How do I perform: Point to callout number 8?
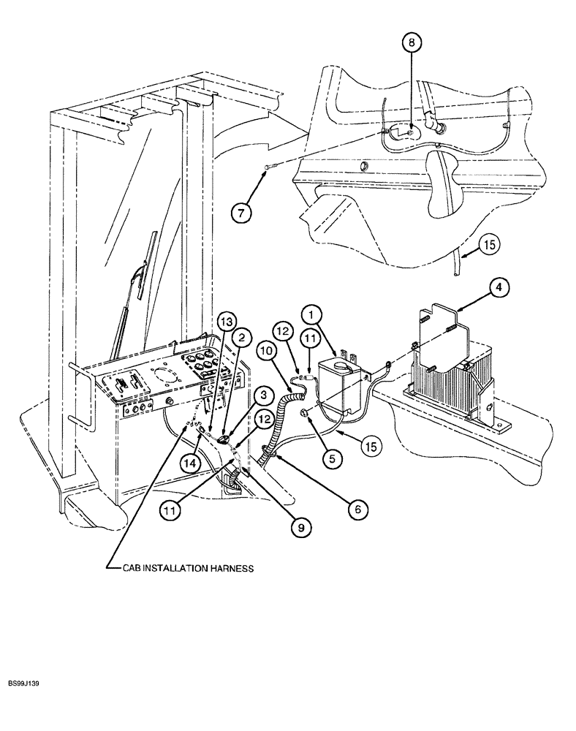tap(411, 43)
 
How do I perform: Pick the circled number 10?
tap(267, 351)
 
